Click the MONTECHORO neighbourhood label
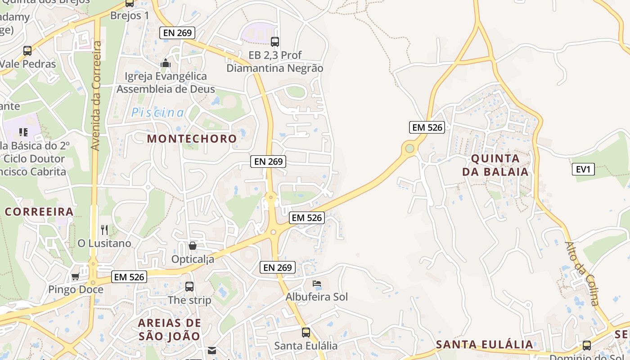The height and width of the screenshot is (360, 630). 192,139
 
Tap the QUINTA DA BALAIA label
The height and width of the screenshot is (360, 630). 495,165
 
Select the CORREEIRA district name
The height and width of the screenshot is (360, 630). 39,211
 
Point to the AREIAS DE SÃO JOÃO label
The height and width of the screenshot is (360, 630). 169,329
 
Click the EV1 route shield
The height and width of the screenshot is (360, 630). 583,169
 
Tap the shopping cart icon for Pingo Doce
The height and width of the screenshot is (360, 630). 75,276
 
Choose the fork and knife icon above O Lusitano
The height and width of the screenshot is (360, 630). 104,230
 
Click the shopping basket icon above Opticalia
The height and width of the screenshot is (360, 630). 193,246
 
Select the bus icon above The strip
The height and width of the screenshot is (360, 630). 189,286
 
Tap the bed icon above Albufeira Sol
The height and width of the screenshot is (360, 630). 317,283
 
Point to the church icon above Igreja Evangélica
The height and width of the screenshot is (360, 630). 166,63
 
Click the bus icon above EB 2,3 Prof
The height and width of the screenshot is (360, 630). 275,42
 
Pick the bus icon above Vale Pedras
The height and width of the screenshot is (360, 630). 27,51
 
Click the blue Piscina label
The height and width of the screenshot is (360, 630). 158,112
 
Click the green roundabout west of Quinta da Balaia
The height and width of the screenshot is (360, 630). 409,148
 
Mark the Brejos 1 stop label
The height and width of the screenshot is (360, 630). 130,15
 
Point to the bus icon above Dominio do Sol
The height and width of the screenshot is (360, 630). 587,346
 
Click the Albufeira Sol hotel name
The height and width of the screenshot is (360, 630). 317,297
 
